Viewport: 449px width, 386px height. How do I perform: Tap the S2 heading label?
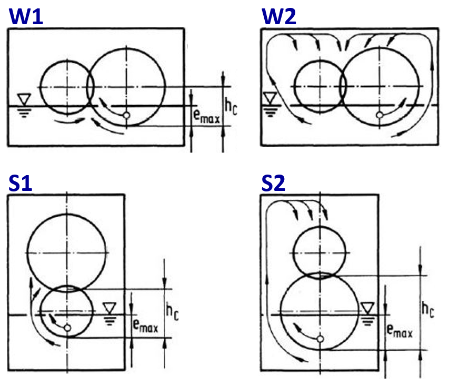pos(274,183)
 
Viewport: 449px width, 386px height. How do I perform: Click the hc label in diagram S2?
pos(427,310)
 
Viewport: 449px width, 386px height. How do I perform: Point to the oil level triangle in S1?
pos(109,307)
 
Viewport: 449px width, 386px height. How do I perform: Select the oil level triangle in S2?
pos(367,307)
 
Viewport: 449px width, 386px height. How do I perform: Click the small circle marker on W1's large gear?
pos(126,115)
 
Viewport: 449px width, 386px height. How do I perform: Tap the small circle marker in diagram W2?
pos(379,115)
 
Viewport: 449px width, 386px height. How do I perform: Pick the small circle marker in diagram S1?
pos(67,328)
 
